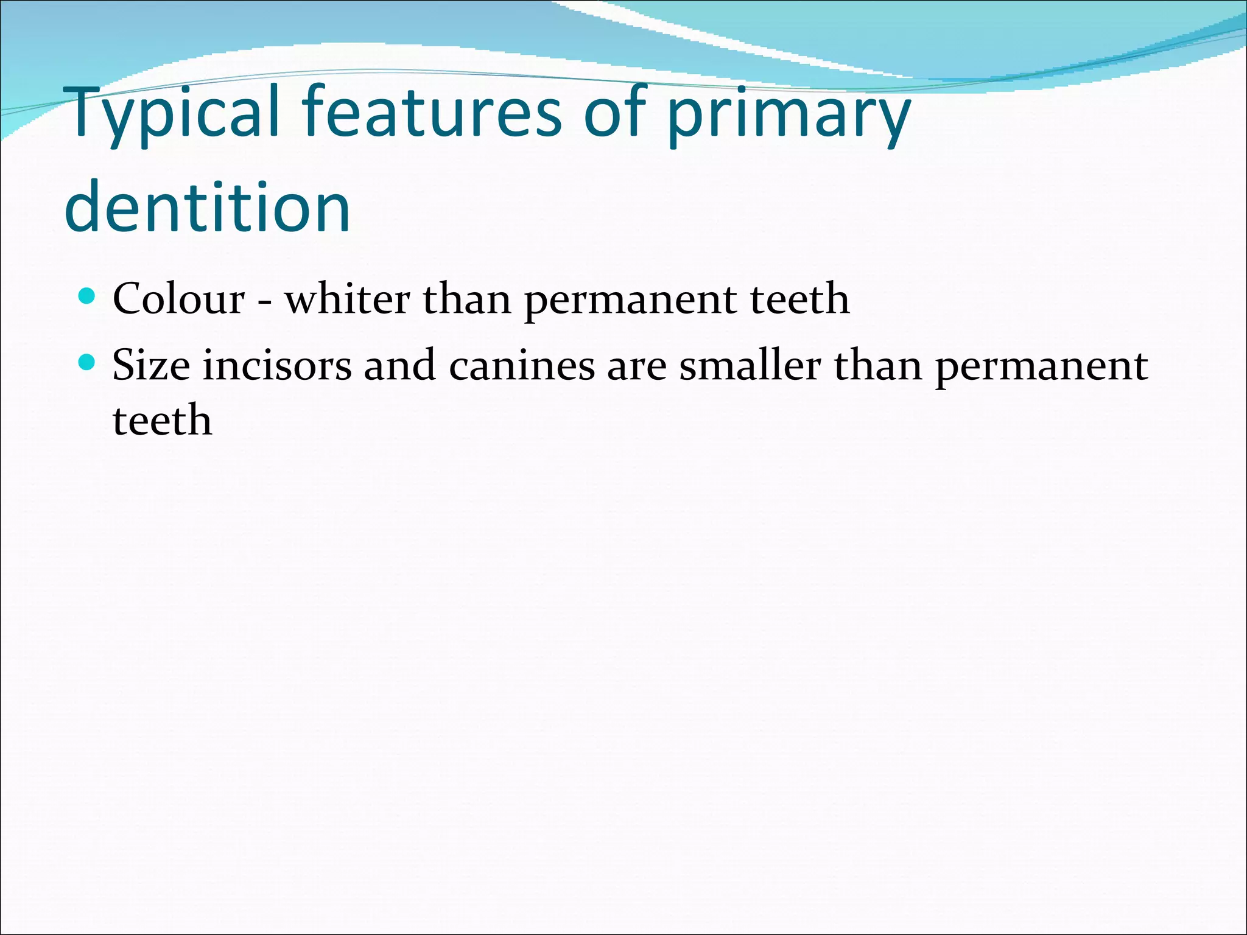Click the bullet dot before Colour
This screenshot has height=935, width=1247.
pyautogui.click(x=88, y=296)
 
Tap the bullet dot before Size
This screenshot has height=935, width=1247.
pyautogui.click(x=88, y=363)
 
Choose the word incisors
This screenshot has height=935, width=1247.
pyautogui.click(x=277, y=365)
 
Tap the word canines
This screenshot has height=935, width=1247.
pyautogui.click(x=522, y=365)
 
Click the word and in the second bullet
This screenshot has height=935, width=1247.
pyautogui.click(x=399, y=365)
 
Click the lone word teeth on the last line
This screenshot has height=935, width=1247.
pyautogui.click(x=163, y=420)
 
